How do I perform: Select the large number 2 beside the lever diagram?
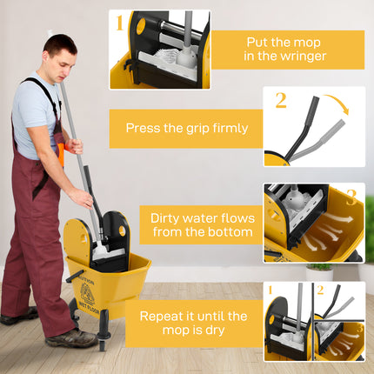click(x=281, y=100)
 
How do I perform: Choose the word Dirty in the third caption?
click(x=168, y=218)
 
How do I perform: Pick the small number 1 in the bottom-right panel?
click(x=270, y=290)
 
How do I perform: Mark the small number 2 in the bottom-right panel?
click(x=321, y=290)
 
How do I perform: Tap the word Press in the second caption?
click(x=144, y=128)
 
